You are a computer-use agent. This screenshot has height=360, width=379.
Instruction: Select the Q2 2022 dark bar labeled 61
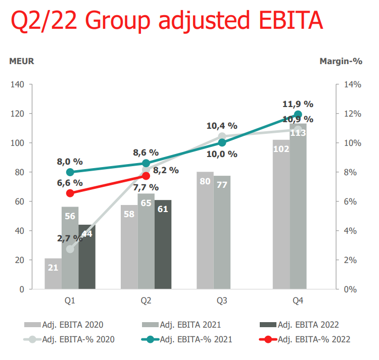(163, 245)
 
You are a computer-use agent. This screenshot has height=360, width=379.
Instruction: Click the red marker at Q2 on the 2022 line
(146, 176)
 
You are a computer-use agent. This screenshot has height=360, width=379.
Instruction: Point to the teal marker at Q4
(298, 114)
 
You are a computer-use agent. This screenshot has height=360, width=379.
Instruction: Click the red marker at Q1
(70, 193)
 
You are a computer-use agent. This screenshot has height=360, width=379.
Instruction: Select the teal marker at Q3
(222, 142)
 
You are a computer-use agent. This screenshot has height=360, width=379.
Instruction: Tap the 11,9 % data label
(298, 104)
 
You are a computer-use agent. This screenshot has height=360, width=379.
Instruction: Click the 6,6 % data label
(70, 182)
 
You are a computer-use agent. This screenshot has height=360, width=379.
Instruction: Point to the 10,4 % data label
(222, 125)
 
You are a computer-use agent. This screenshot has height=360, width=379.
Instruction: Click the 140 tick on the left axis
(18, 84)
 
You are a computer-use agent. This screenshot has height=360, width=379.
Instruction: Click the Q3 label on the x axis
(222, 301)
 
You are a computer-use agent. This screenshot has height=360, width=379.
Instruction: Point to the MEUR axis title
(22, 61)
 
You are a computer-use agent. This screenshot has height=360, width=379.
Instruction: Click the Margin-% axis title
(341, 61)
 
